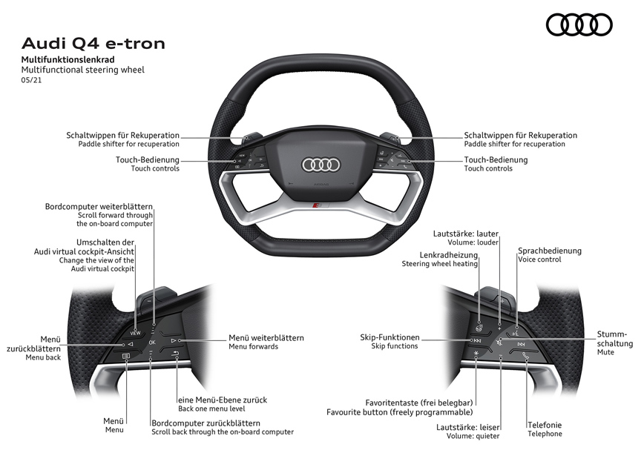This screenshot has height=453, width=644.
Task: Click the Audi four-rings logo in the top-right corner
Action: point(579,25)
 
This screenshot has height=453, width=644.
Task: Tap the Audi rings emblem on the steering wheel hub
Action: point(321,165)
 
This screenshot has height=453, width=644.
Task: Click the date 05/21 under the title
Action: point(31,80)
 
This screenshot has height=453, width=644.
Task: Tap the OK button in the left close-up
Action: point(152,343)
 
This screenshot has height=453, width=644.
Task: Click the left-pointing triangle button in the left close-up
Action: point(129,344)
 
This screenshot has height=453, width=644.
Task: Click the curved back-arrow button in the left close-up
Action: point(175,356)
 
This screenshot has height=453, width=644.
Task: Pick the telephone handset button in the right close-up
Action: point(525,357)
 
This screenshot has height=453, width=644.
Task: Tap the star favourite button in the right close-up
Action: point(476,357)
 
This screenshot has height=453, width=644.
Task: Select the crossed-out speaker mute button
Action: point(501,343)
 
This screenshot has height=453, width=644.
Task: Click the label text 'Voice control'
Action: point(539,259)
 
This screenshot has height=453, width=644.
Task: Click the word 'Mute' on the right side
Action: point(605,353)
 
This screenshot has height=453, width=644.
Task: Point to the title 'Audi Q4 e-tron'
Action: point(93,43)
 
